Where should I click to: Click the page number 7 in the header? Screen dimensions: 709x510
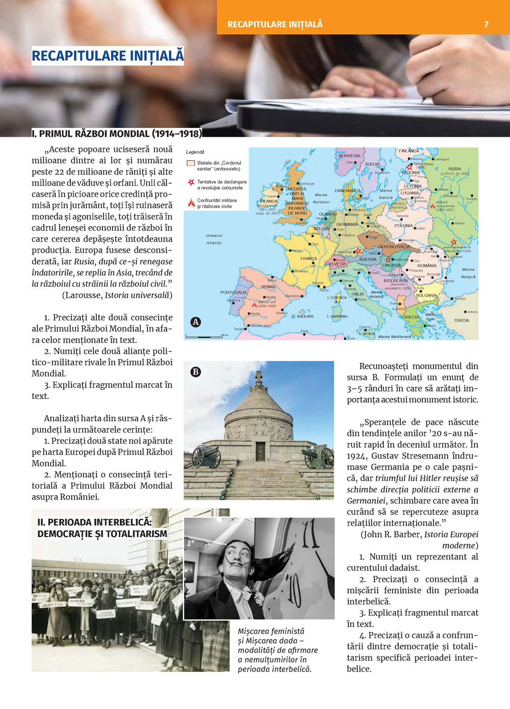click(x=486, y=24)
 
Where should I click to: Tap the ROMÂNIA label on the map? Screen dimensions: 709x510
click(x=427, y=266)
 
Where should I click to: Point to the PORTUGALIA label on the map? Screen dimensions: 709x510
click(x=234, y=293)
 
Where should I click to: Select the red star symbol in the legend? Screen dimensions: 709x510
click(x=191, y=183)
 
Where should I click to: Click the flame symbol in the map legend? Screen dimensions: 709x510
click(x=191, y=203)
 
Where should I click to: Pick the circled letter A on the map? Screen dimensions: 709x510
click(x=195, y=322)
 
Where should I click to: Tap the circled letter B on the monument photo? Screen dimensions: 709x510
click(x=195, y=372)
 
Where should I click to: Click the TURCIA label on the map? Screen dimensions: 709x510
click(x=461, y=321)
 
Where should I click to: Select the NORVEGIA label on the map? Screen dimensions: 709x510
click(x=349, y=156)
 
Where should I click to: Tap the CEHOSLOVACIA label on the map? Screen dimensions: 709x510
click(x=394, y=247)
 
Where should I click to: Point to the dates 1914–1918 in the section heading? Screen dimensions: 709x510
click(x=177, y=134)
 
